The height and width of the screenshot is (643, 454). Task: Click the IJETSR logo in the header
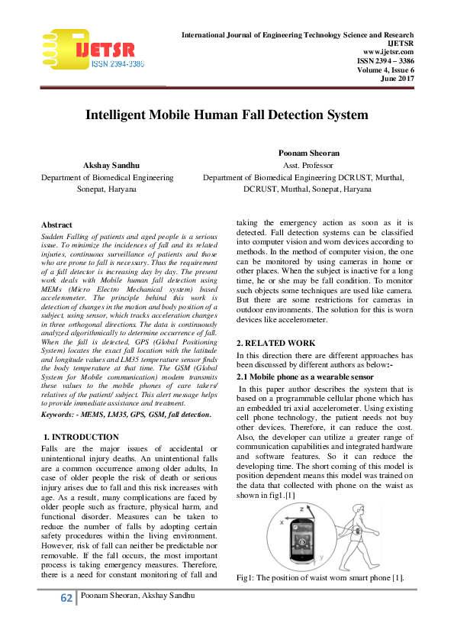94,50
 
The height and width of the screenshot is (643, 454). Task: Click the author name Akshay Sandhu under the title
108,165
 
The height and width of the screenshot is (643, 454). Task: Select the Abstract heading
57,225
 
